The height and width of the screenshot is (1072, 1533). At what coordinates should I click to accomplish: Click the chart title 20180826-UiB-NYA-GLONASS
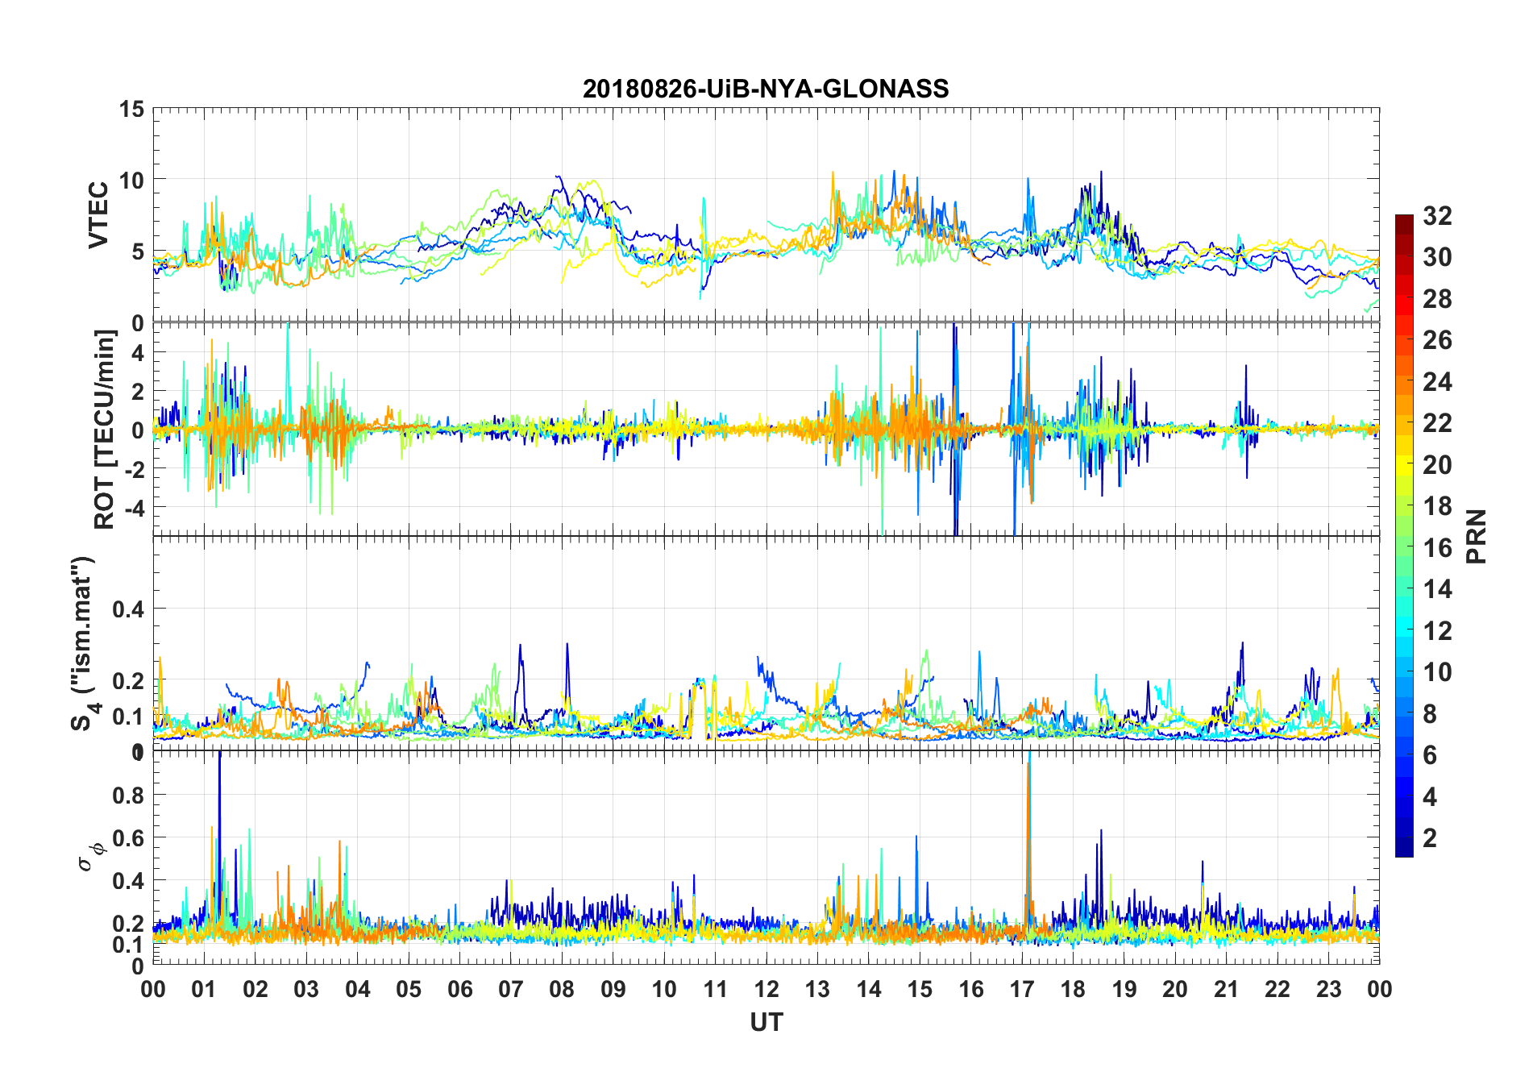point(766,89)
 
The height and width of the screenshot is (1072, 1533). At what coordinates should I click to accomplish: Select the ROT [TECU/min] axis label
point(104,429)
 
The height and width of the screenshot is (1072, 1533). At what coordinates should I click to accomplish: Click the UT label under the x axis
point(766,1023)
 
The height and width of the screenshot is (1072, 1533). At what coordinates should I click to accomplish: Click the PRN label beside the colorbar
point(1476,536)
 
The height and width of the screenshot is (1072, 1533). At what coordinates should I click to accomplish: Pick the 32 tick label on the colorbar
point(1437,215)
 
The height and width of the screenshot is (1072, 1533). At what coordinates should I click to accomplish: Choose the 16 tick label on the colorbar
point(1437,548)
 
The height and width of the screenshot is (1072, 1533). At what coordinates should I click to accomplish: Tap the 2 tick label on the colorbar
point(1430,838)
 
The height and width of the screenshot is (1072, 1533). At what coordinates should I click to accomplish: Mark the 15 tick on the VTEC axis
point(131,109)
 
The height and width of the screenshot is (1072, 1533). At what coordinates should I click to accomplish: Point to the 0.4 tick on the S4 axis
point(128,609)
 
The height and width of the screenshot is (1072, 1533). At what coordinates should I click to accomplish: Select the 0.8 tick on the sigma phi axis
point(128,795)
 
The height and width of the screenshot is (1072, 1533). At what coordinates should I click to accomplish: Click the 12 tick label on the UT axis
point(766,989)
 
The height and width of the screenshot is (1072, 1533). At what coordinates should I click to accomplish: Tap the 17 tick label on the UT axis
point(1022,989)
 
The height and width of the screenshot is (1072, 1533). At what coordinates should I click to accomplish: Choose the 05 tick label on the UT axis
point(409,989)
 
